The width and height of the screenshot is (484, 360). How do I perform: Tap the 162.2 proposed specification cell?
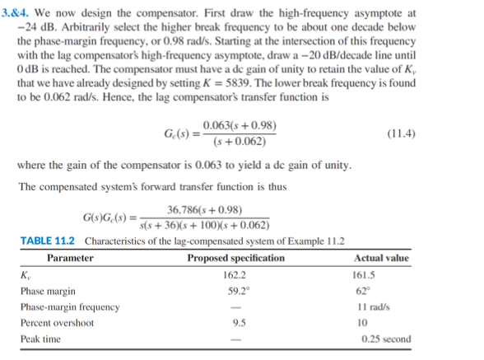(x=236, y=275)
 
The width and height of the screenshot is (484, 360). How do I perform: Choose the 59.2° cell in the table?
(x=236, y=291)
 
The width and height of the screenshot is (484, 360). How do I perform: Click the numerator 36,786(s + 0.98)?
(x=203, y=209)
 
